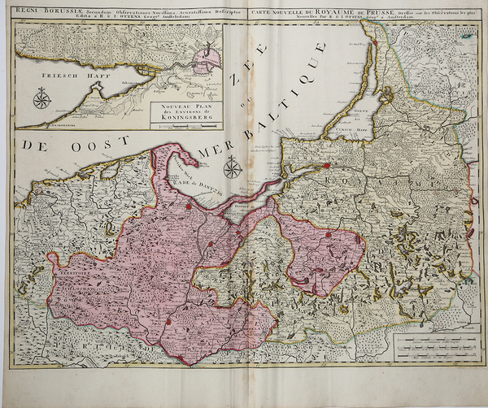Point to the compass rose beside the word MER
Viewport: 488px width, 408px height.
click(x=233, y=167)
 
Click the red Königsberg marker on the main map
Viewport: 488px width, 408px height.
click(x=327, y=166)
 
